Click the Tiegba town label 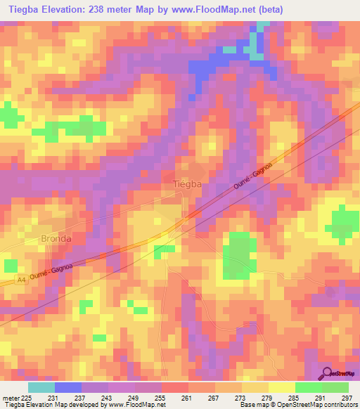[x=188, y=185]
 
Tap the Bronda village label [x=56, y=238]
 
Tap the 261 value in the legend [x=188, y=398]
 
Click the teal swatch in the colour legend [x=41, y=387]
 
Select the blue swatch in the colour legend [x=67, y=387]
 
